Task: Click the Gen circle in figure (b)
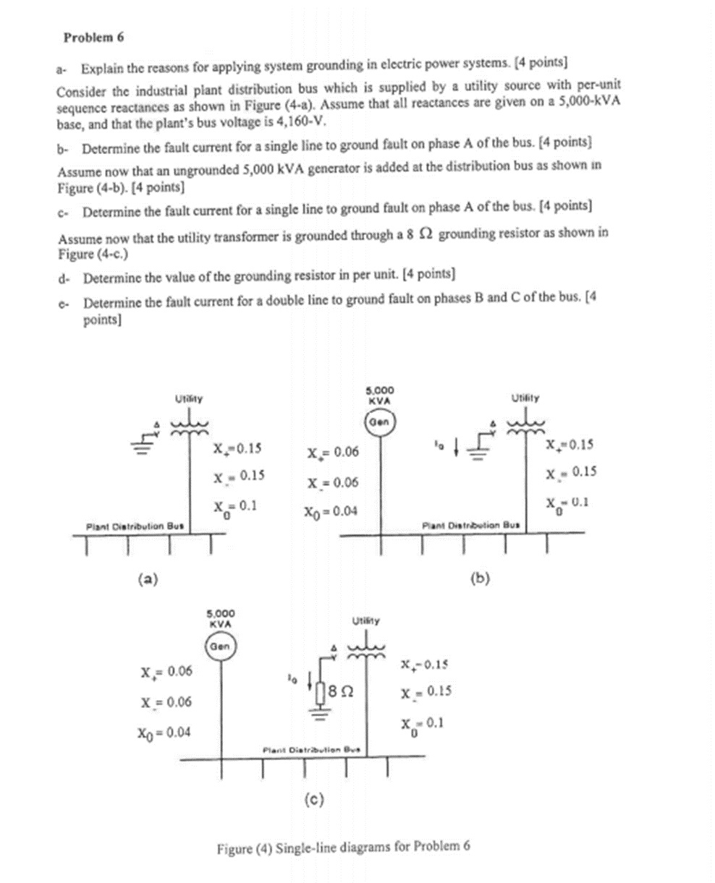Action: [x=379, y=422]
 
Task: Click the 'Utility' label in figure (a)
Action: [x=190, y=397]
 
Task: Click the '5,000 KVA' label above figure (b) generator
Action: [x=380, y=394]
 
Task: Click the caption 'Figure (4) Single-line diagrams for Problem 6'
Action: [x=344, y=846]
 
